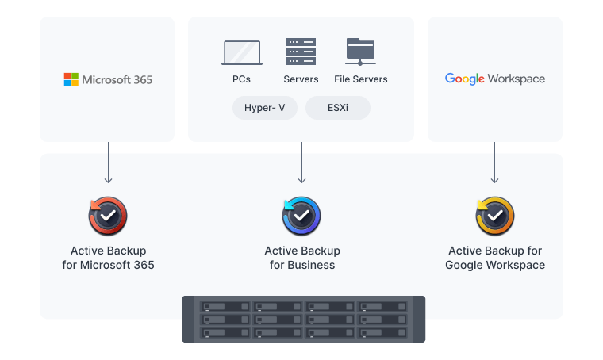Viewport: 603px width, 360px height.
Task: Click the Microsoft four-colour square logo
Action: coord(71,79)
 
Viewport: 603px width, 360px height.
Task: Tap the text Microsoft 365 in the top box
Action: coord(117,79)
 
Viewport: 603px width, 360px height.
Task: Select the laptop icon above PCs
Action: coord(241,53)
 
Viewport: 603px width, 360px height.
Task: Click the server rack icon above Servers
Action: coord(301,52)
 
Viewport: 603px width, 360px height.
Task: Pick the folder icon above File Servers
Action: coord(361,52)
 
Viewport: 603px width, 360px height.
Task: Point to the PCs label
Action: coord(241,79)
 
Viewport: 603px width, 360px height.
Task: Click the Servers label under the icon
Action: coord(301,79)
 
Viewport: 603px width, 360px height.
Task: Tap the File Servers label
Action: coord(361,79)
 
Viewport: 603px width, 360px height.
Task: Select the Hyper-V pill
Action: coord(265,108)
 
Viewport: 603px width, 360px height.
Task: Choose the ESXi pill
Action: coord(338,108)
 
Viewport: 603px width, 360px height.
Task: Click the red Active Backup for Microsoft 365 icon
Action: coord(108,216)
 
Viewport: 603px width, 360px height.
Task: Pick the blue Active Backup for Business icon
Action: coord(301,216)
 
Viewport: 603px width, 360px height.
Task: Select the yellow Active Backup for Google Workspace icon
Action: coord(495,216)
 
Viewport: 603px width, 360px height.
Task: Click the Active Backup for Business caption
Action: coord(301,258)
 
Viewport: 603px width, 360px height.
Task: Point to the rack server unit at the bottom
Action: coord(303,319)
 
